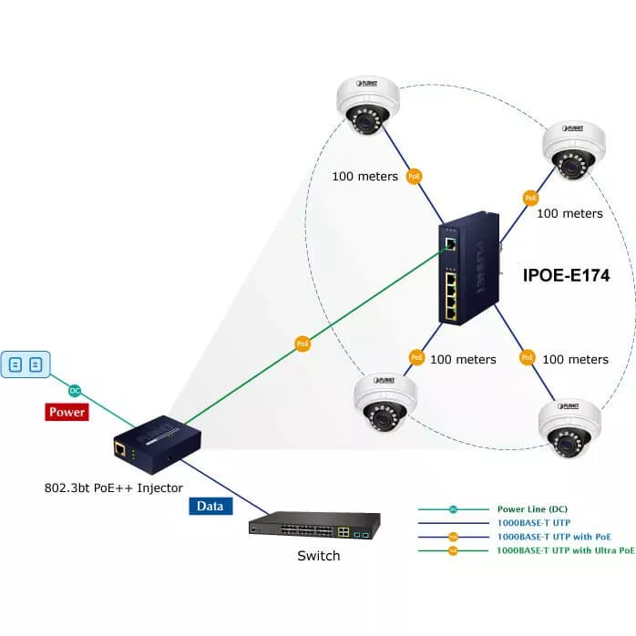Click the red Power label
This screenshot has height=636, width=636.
point(67,412)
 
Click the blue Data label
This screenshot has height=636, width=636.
point(210,506)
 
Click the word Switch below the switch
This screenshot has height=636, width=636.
point(318,556)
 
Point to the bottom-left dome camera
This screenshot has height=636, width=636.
point(385,403)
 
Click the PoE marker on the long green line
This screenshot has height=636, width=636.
point(303,344)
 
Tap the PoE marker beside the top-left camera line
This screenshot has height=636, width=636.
point(414,176)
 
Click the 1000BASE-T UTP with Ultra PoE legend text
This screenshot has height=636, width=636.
point(565,550)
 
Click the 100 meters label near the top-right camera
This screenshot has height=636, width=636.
point(569,213)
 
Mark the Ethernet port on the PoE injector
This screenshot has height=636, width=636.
point(119,448)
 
